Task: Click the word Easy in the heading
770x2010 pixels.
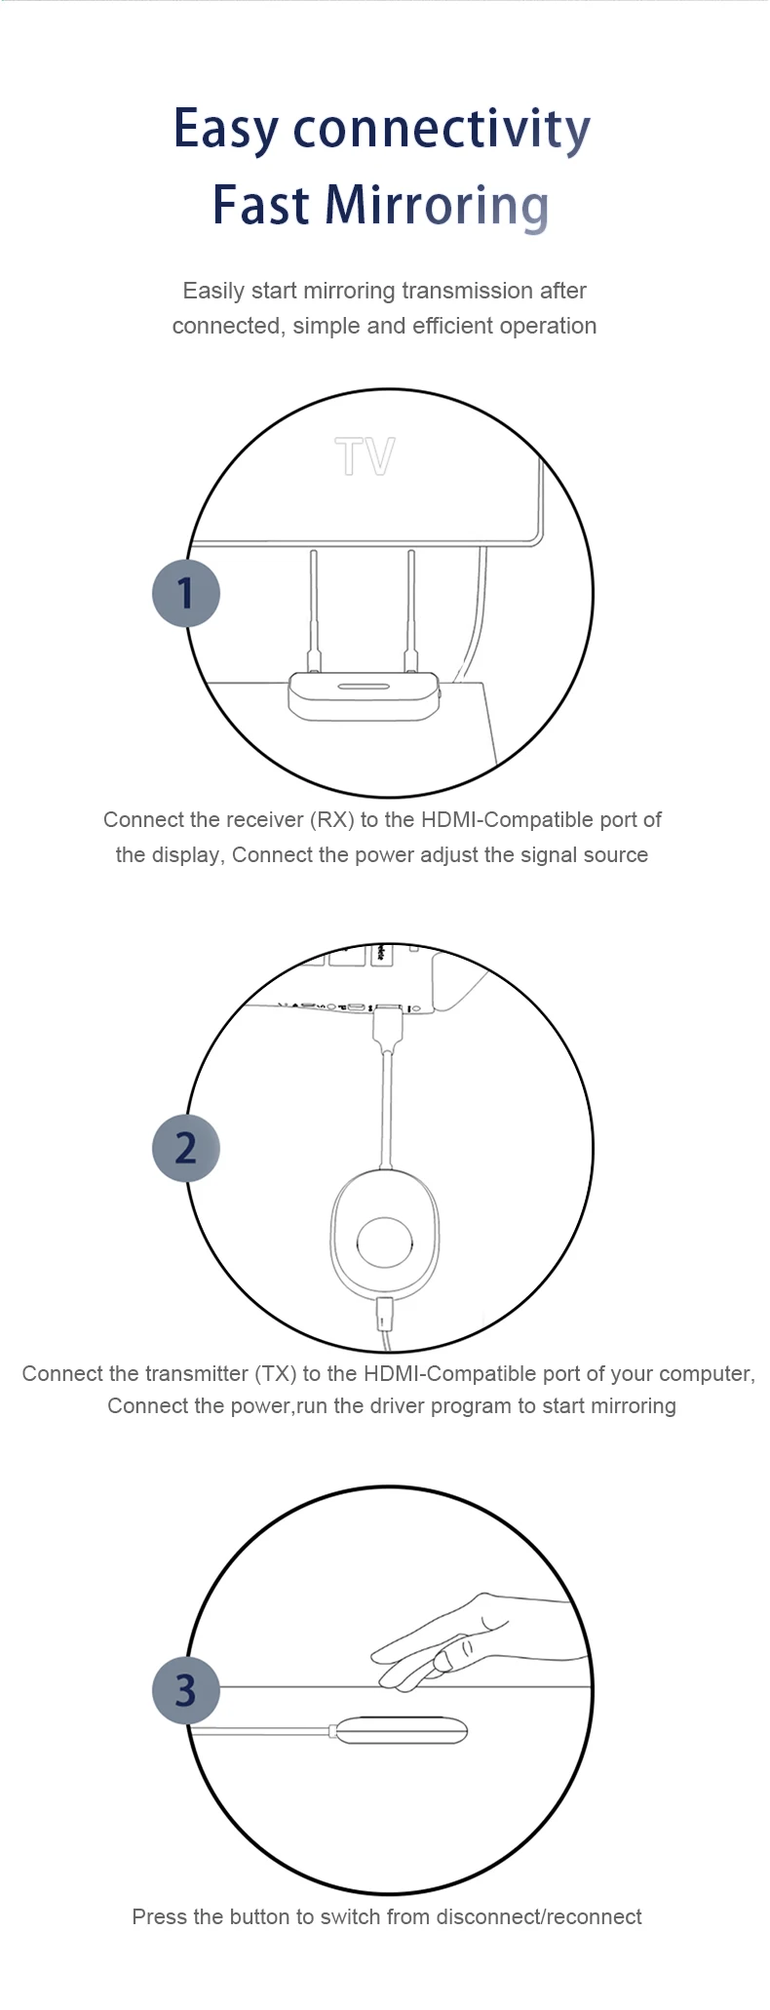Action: [226, 130]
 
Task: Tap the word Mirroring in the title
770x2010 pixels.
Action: [436, 206]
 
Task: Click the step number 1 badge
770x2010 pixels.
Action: [186, 593]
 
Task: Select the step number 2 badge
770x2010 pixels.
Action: [186, 1148]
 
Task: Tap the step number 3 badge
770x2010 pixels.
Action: [186, 1690]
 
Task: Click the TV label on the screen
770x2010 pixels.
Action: [365, 456]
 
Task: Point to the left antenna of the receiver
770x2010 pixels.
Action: [314, 610]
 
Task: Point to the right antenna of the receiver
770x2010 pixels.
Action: [411, 610]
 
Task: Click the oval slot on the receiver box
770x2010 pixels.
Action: [364, 687]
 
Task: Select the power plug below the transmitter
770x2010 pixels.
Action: [386, 1313]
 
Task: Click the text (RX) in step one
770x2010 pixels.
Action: [332, 820]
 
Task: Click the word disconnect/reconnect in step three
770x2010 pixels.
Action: [538, 1917]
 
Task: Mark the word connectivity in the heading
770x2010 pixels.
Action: [442, 130]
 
